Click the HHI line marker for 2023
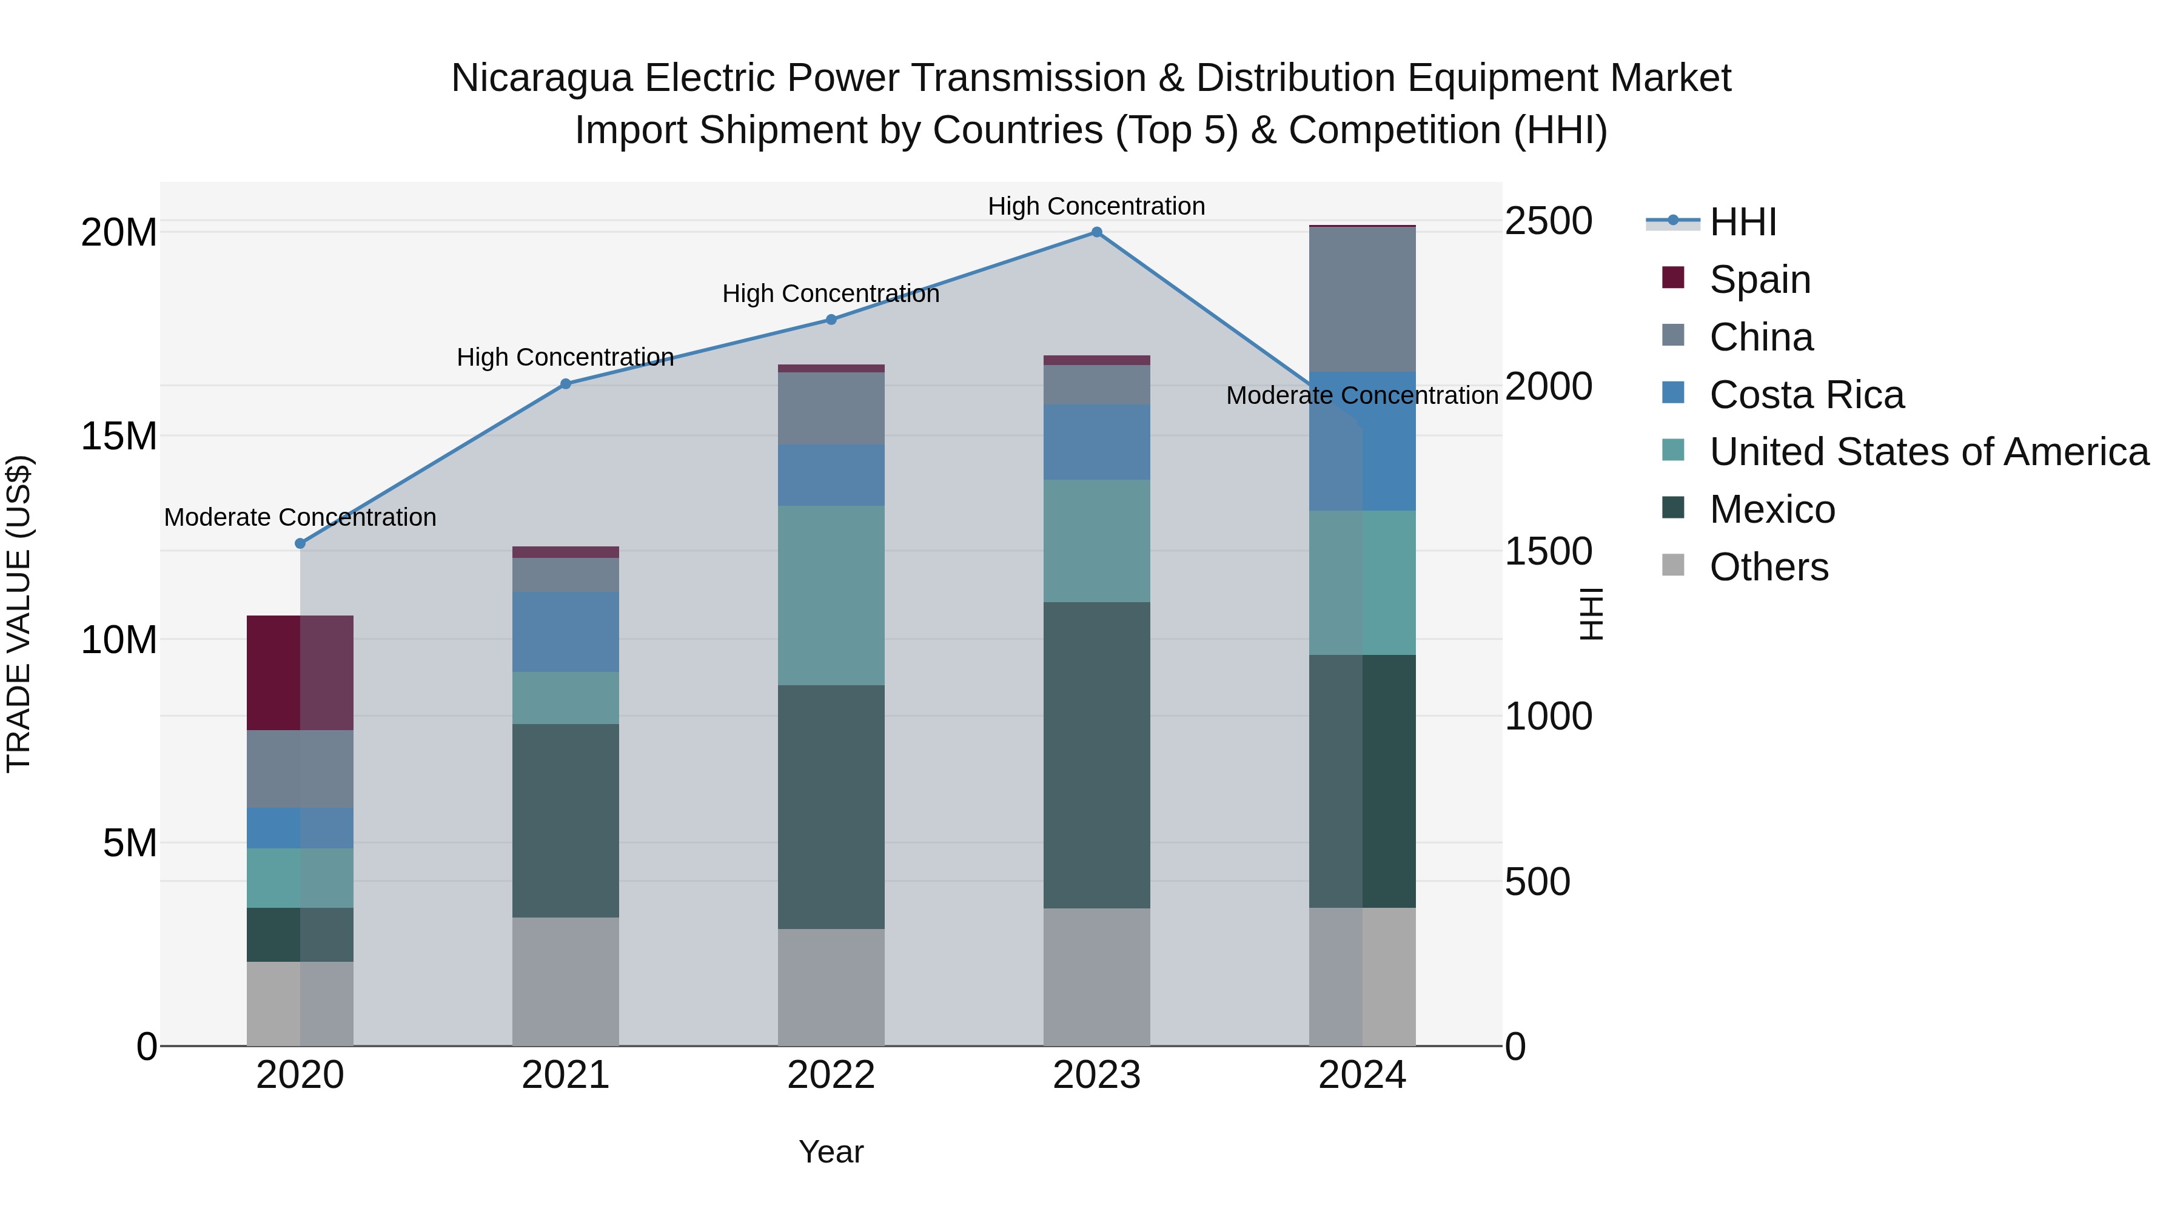point(1096,232)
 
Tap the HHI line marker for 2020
point(300,543)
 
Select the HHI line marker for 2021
point(565,384)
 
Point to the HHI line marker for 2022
point(831,320)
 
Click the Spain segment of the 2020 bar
point(300,673)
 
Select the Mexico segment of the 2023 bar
point(1096,754)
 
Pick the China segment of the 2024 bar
point(1362,299)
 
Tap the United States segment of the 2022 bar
point(831,595)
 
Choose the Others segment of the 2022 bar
point(831,987)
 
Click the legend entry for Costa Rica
point(1806,395)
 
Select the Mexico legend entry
point(1771,510)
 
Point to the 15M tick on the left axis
point(119,437)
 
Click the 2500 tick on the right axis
point(1548,221)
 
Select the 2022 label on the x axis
point(831,1075)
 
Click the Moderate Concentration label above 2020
point(300,517)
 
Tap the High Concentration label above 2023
point(1096,206)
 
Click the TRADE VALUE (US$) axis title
point(19,614)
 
